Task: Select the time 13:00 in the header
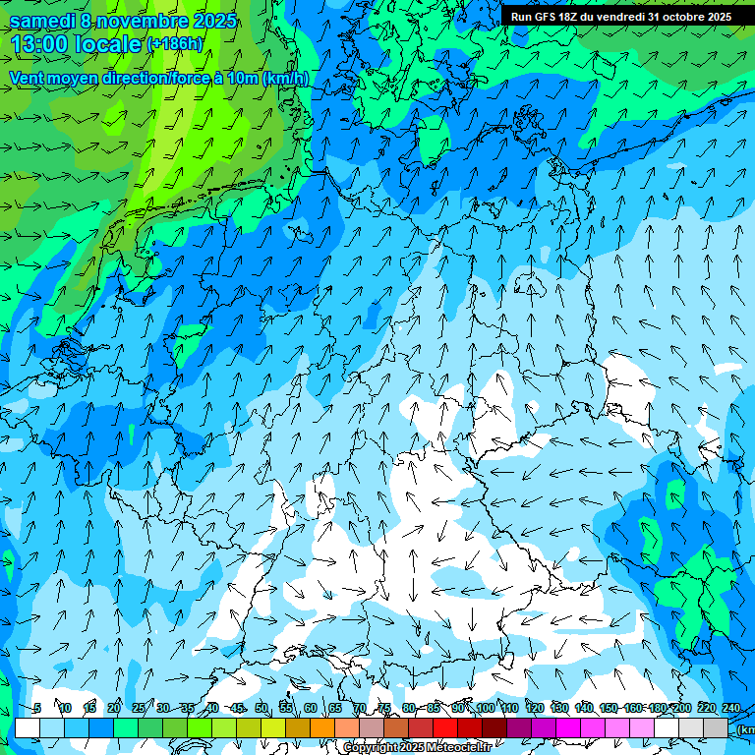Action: [37, 44]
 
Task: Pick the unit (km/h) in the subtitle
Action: [285, 79]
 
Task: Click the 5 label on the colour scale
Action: [36, 708]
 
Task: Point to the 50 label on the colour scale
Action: [261, 708]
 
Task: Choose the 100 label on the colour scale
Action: [486, 708]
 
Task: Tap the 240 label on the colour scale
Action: [731, 708]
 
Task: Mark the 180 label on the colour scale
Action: [658, 708]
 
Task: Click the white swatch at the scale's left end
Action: [28, 727]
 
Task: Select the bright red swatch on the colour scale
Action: [445, 727]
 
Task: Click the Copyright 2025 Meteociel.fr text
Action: [431, 748]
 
